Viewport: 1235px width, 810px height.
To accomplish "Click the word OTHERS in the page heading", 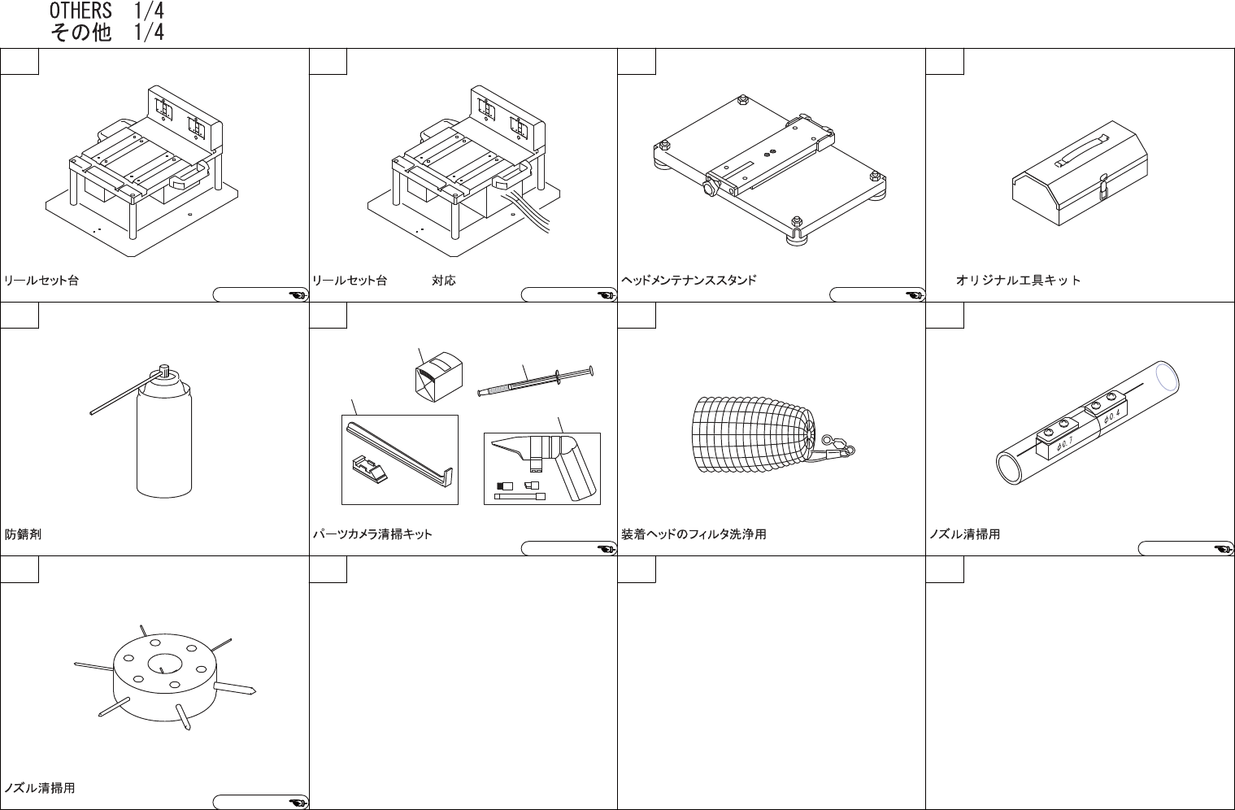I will pos(80,11).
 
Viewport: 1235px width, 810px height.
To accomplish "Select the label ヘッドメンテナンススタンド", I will pos(689,280).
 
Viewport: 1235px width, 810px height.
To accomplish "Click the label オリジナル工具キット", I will pos(1018,280).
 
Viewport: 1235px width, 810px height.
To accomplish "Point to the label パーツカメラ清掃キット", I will pos(372,534).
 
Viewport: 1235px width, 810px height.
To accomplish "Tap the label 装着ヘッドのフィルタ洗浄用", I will pos(694,534).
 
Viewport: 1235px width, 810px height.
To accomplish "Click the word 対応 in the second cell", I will pos(443,281).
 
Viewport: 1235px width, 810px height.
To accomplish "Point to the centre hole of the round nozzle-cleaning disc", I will pos(164,664).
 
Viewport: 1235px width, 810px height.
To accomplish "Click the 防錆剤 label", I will pos(23,534).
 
